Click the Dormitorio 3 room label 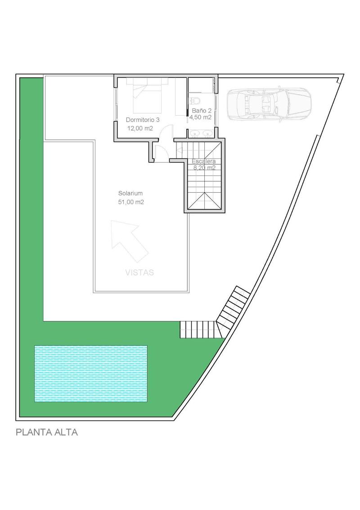143,120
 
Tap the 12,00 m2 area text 139,128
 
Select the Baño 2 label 201,110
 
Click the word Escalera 204,161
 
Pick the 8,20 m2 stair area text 204,168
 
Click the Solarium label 130,194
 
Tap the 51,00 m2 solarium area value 131,202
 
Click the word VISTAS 139,272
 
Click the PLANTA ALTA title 47,433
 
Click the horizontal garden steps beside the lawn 198,329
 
